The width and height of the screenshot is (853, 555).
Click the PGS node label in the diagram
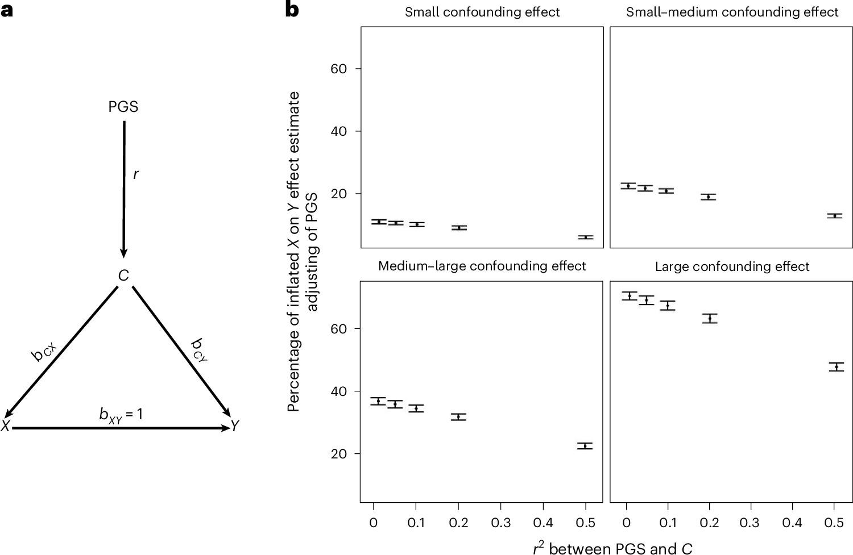123,107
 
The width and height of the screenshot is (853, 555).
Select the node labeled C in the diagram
123,276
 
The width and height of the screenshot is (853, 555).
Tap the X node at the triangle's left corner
5,426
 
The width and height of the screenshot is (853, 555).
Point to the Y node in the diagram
235,426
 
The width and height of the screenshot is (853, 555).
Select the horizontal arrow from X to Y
119,428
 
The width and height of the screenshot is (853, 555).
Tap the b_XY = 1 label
121,415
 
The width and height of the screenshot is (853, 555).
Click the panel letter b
292,10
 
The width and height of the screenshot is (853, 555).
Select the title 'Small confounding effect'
482,12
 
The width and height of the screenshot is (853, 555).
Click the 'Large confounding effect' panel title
732,266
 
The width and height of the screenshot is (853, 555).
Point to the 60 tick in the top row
338,69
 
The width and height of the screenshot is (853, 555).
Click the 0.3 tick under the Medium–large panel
501,523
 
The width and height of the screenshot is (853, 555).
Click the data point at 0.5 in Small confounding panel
585,237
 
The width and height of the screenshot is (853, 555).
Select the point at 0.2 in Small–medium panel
708,197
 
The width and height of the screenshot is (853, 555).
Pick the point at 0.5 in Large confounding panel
836,367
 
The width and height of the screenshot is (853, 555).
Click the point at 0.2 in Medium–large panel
458,417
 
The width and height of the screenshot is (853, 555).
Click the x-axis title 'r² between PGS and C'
612,548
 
